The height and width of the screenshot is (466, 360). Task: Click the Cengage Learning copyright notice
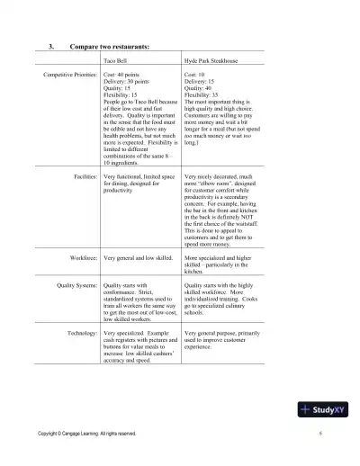tap(87, 434)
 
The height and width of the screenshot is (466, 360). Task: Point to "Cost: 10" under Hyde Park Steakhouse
tap(197, 76)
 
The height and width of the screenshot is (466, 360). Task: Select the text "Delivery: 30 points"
tap(128, 82)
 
